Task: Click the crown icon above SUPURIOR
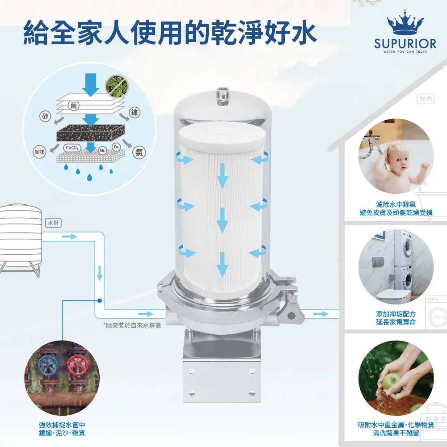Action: click(x=405, y=22)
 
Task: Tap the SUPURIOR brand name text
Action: click(x=405, y=44)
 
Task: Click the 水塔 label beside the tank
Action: click(x=54, y=223)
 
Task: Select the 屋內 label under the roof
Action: click(x=426, y=99)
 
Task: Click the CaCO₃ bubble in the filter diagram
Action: click(x=72, y=148)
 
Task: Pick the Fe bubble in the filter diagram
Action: click(x=116, y=147)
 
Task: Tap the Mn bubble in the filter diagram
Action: click(x=103, y=151)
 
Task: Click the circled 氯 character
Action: click(x=139, y=152)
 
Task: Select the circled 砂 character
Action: click(x=45, y=116)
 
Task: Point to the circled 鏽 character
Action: click(x=135, y=112)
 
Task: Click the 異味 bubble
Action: click(x=39, y=152)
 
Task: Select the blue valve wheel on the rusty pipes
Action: click(x=48, y=365)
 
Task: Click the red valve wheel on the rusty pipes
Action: click(x=77, y=366)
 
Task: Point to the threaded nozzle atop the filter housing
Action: click(x=222, y=96)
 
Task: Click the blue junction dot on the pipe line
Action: click(x=100, y=300)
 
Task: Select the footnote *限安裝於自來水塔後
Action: click(x=132, y=325)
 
